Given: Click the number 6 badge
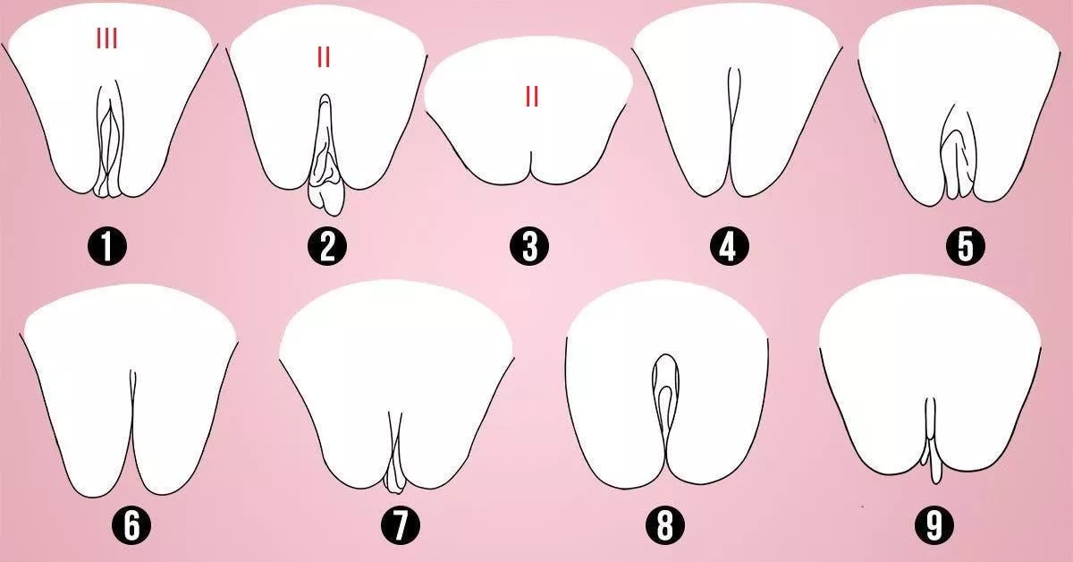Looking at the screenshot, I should [131, 526].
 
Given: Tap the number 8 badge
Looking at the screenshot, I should [664, 526].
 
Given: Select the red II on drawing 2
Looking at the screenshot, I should [324, 57].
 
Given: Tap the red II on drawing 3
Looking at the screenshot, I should [532, 97].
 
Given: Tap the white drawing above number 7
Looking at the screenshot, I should [349, 376].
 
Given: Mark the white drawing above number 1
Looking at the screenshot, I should [63, 98].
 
